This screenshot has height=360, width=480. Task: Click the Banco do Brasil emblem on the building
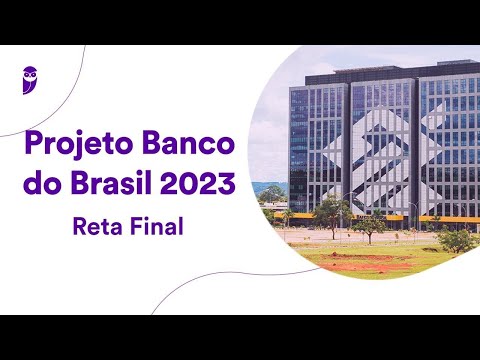[384, 150]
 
